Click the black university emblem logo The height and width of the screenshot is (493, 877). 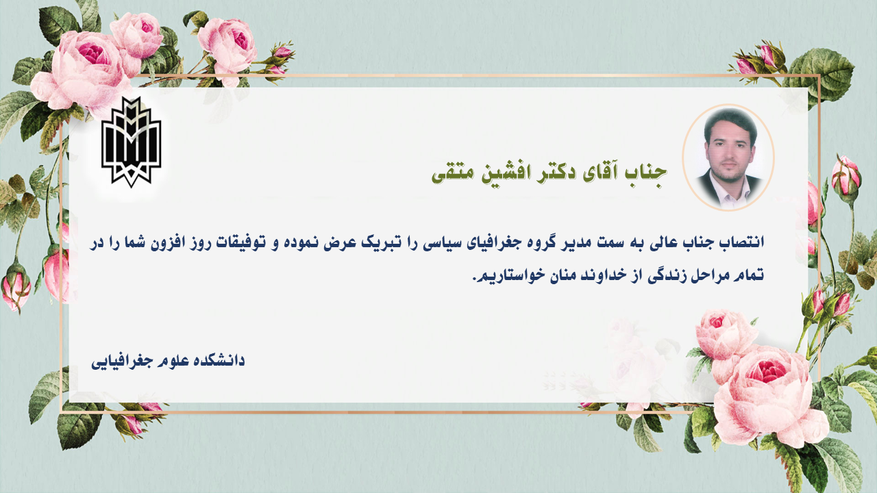point(131,142)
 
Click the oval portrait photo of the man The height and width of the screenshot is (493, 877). point(728,157)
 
